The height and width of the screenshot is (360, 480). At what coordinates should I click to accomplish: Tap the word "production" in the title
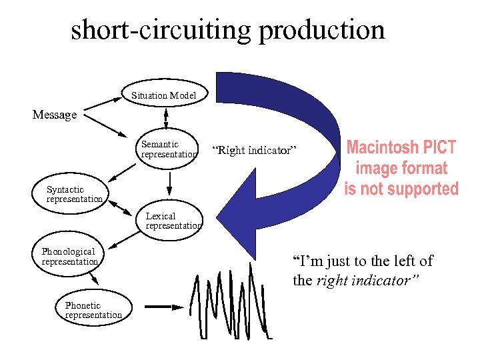(322, 30)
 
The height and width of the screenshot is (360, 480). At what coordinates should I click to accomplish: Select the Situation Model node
(164, 95)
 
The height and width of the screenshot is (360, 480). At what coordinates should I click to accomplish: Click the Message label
(55, 115)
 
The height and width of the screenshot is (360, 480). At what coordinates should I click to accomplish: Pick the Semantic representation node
(169, 149)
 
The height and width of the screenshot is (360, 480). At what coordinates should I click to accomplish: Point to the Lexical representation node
(173, 221)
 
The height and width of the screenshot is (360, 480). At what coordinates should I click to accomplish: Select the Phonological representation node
(69, 256)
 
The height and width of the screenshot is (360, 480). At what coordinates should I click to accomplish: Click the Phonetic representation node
(93, 310)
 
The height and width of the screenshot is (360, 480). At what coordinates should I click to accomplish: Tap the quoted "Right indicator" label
(251, 151)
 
